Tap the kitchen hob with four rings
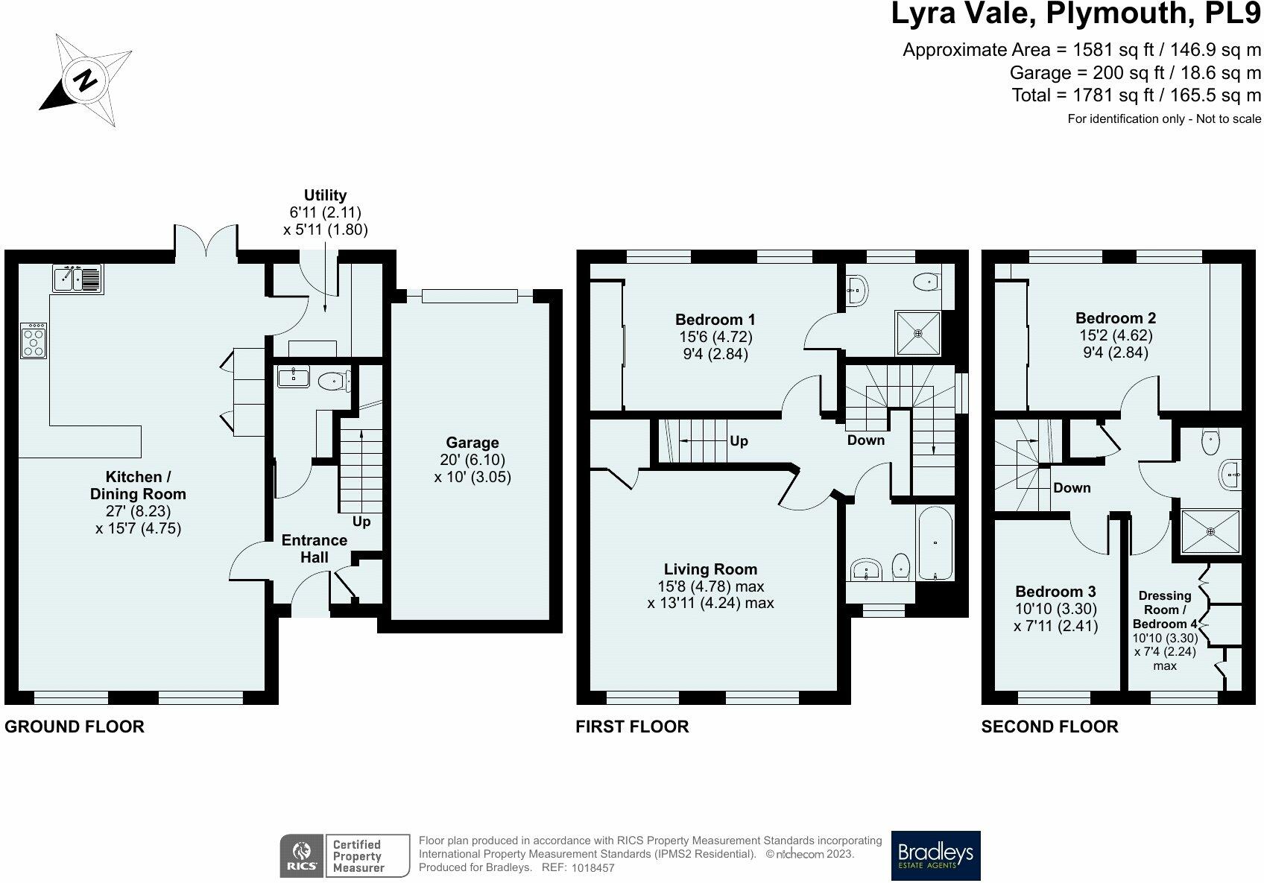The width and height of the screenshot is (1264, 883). [x=34, y=341]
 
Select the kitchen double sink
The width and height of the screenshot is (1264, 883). [x=78, y=279]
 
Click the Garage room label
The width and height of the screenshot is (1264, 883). [x=473, y=443]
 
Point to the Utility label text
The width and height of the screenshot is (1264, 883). [x=325, y=195]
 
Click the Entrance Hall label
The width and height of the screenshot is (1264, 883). [x=315, y=548]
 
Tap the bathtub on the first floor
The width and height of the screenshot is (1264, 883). [x=935, y=542]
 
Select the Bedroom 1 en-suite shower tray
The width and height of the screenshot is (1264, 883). [x=918, y=333]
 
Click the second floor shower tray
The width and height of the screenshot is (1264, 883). [x=1210, y=531]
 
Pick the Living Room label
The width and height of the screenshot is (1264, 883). [x=710, y=569]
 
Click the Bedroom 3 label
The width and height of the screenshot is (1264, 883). [x=1055, y=592]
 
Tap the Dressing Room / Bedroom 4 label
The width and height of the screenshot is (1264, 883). [x=1165, y=610]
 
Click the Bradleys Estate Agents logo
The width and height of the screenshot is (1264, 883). [x=935, y=855]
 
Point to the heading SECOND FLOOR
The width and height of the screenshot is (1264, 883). [x=1049, y=727]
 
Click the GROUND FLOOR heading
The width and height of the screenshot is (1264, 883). [x=75, y=727]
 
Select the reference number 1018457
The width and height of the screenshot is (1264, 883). [x=592, y=868]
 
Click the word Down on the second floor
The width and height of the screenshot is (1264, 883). [x=1072, y=487]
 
